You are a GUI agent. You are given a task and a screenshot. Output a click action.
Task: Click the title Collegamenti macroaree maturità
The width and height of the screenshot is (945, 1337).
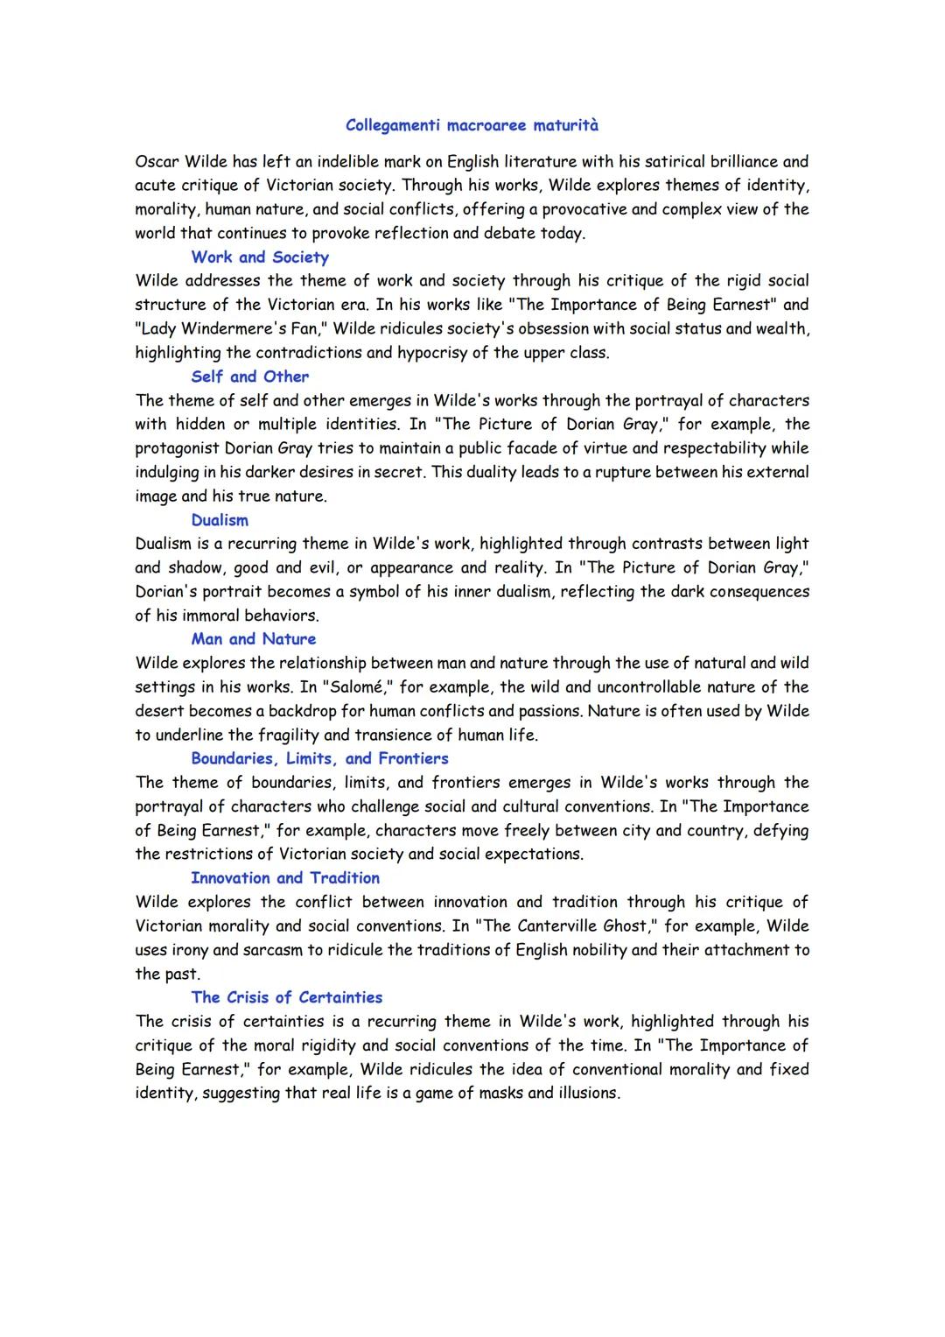[x=472, y=125]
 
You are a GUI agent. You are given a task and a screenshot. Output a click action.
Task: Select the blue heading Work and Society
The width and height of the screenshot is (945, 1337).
[x=260, y=257]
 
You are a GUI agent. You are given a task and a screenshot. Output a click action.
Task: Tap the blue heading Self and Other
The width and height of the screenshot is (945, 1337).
[x=249, y=376]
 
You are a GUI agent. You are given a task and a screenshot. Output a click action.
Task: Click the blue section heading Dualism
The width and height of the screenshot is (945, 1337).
[x=220, y=520]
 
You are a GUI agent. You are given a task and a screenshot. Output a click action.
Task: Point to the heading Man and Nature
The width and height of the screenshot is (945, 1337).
[x=254, y=639]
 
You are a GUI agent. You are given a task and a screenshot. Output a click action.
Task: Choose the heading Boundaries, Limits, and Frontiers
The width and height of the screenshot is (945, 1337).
[x=319, y=759]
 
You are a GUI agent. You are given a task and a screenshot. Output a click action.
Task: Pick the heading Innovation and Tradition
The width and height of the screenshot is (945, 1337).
[x=285, y=878]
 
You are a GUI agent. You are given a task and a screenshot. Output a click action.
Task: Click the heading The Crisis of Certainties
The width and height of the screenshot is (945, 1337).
[x=286, y=997]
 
